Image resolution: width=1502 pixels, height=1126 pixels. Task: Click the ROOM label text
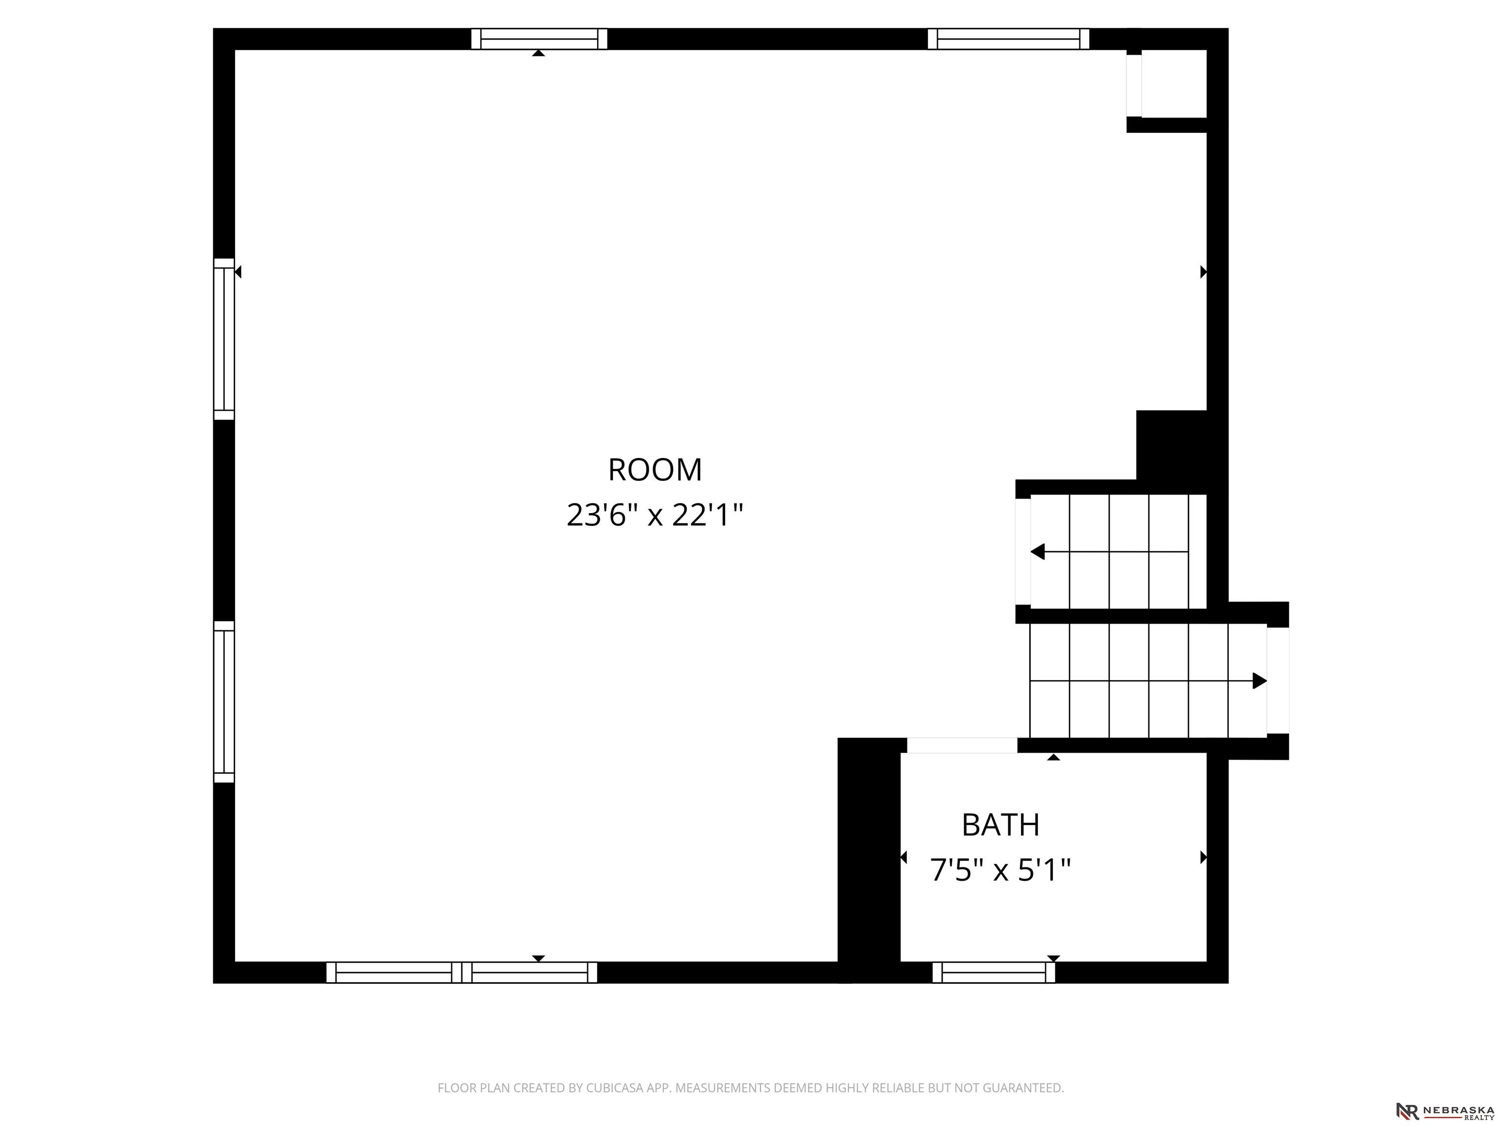(655, 470)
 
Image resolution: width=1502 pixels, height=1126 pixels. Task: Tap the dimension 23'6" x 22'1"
(655, 515)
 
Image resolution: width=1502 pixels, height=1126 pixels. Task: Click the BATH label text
(1000, 824)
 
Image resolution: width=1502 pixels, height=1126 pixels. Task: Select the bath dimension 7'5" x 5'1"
(1000, 869)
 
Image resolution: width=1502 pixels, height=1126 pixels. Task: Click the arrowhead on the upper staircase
(1038, 552)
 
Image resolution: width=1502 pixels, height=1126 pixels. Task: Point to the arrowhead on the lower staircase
(1259, 681)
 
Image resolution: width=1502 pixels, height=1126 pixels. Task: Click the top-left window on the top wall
(539, 39)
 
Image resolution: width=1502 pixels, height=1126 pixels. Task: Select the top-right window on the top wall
(1008, 39)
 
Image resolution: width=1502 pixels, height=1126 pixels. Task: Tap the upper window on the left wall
(224, 339)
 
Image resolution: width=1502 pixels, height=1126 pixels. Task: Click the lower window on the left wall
(224, 702)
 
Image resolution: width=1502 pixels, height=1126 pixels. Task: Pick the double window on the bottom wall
(462, 973)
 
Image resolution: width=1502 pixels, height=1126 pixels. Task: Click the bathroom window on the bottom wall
(994, 973)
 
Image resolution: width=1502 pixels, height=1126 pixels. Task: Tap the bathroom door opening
(962, 745)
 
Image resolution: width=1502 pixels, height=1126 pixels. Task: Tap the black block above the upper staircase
(1171, 445)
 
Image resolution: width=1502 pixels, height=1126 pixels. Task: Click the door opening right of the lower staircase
(1278, 681)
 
